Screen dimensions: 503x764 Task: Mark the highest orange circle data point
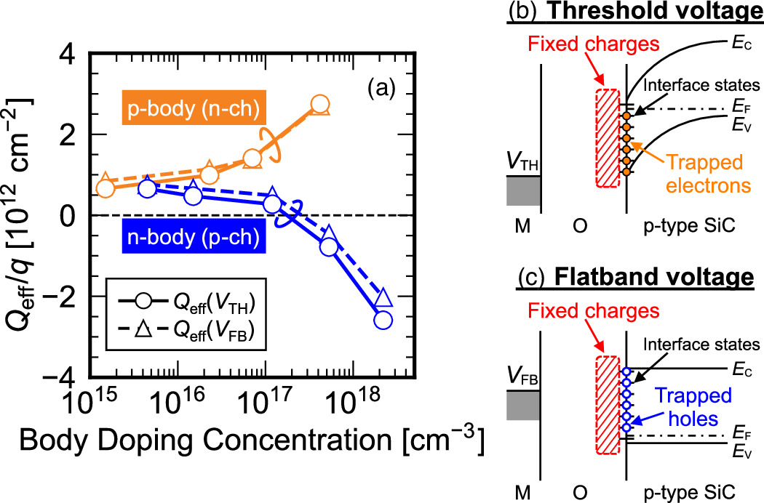(320, 104)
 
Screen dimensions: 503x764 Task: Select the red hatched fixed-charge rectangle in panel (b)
(608, 138)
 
